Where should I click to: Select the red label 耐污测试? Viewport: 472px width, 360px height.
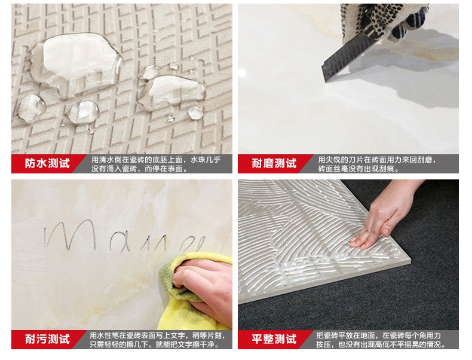(x=47, y=339)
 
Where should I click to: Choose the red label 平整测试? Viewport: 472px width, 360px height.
(x=274, y=339)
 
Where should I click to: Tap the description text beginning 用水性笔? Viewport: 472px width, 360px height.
(x=157, y=339)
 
